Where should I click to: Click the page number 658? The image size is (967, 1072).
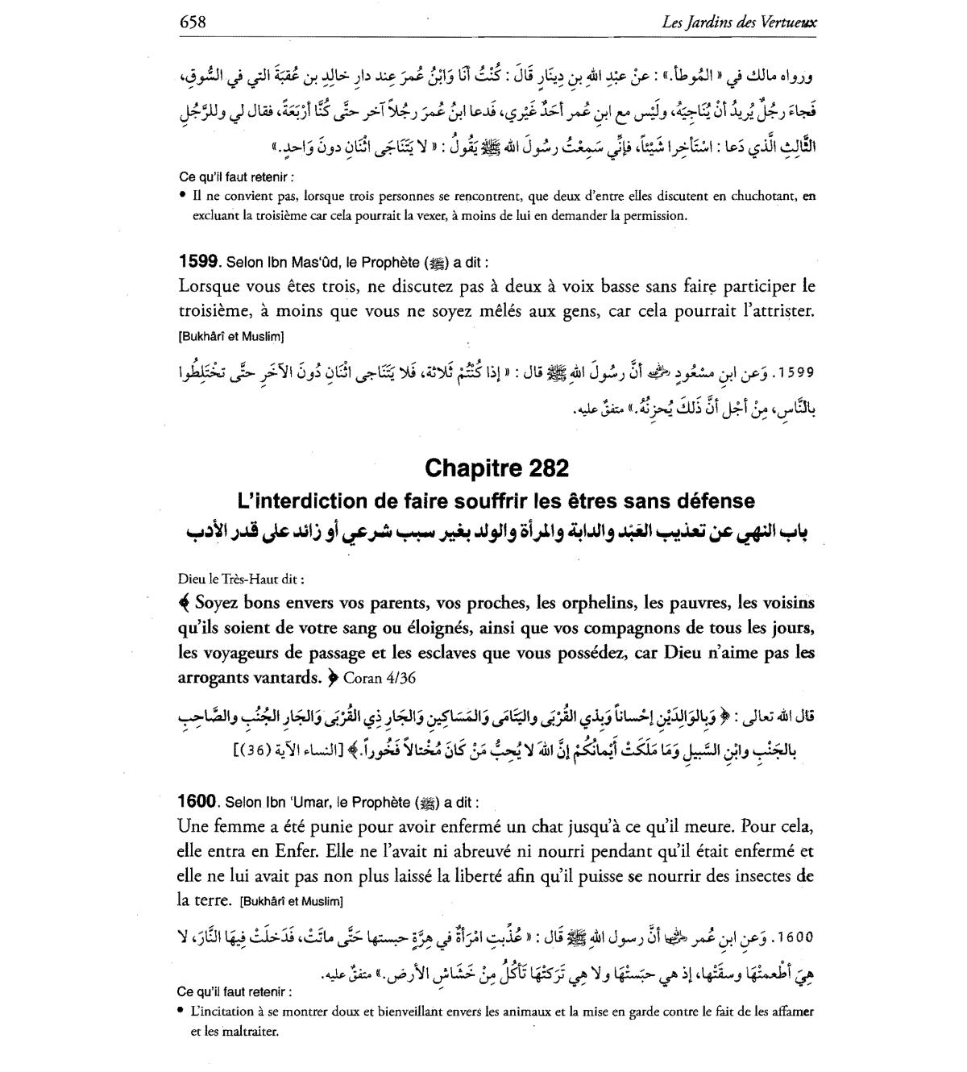pos(193,22)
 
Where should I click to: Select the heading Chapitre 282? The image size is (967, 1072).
pos(496,468)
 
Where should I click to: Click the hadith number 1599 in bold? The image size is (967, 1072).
pos(198,261)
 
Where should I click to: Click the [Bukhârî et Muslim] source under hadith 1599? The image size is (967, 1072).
pos(230,336)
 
